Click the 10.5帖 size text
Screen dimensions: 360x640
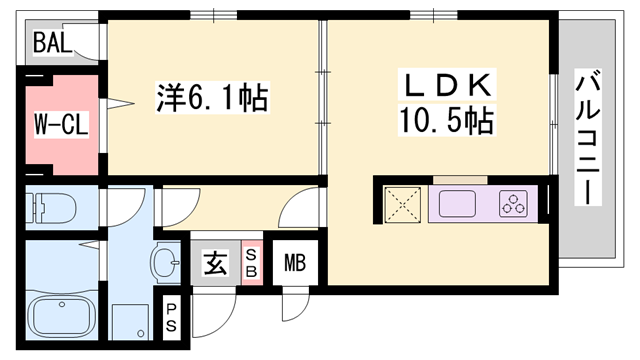(x=445, y=123)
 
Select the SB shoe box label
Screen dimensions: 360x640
(x=251, y=265)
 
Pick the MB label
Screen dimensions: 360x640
(x=294, y=265)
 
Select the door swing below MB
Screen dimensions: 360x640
(x=295, y=304)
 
